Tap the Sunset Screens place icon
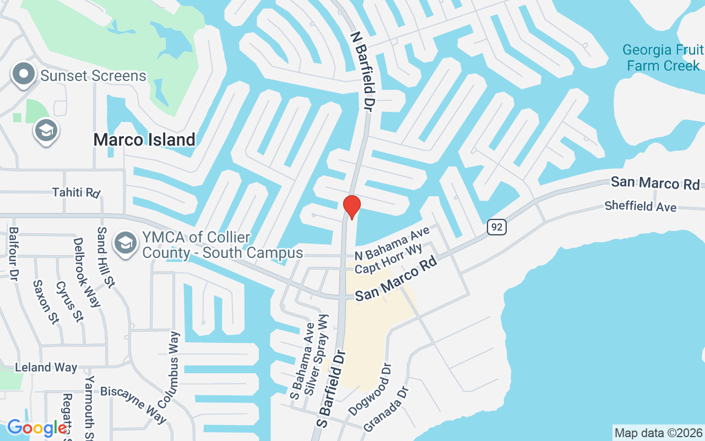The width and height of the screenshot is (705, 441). click(x=24, y=76)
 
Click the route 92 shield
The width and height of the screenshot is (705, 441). click(x=496, y=227)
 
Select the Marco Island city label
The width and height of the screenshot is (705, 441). click(x=144, y=139)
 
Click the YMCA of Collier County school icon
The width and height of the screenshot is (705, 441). click(x=126, y=243)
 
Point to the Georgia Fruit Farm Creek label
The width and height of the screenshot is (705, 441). click(x=663, y=58)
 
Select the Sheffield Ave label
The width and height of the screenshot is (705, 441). click(x=641, y=206)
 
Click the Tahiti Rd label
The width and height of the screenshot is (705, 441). click(x=76, y=192)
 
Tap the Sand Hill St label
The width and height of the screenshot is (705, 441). click(x=105, y=257)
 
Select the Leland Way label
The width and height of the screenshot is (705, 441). click(x=46, y=368)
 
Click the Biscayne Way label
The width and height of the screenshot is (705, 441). click(x=133, y=405)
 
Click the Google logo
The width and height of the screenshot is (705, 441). click(x=36, y=428)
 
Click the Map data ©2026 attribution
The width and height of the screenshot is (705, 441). click(x=658, y=433)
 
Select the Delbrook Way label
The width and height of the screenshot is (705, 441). click(x=86, y=272)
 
